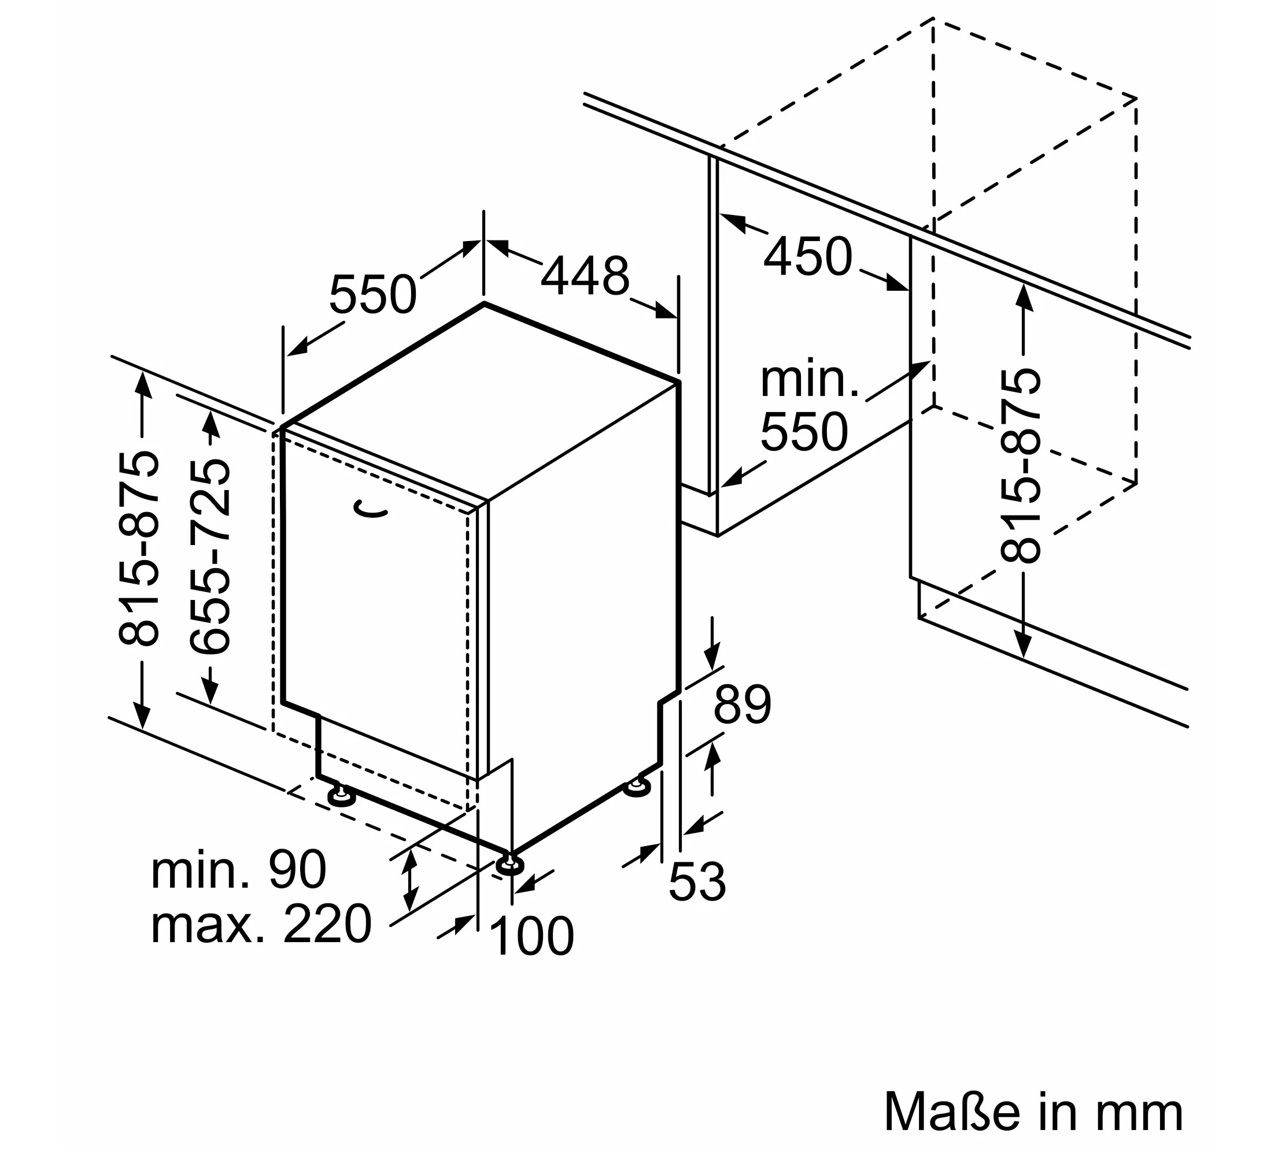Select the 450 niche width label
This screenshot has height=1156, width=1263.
(808, 256)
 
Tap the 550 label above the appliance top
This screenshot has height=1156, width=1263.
(373, 294)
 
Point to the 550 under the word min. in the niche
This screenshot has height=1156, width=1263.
(804, 432)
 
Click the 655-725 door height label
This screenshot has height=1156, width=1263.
(211, 557)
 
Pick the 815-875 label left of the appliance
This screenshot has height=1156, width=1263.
(139, 548)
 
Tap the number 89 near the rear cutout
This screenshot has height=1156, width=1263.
(742, 705)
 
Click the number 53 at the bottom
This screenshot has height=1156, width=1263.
(697, 883)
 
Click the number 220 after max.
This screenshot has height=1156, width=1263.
(328, 924)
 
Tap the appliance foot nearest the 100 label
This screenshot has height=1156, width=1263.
(509, 865)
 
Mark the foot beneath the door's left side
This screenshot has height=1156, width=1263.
(341, 796)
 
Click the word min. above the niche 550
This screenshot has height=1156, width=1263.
(810, 380)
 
